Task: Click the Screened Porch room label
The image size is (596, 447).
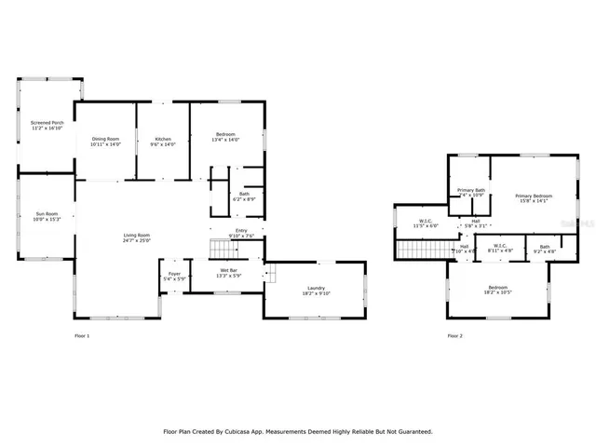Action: [x=47, y=122]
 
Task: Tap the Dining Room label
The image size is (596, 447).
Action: [x=105, y=139]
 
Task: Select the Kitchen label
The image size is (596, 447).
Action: [x=163, y=139]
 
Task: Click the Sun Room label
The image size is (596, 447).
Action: [x=47, y=214]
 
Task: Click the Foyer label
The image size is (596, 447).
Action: [x=174, y=274]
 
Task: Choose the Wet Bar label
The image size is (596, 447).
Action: [x=216, y=270]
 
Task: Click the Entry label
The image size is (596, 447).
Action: [x=241, y=230]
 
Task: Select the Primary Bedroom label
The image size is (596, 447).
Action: [x=534, y=195]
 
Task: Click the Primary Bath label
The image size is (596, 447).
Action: [x=471, y=190]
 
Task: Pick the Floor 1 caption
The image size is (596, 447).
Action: [x=82, y=335]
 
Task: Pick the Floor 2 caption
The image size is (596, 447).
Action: [x=455, y=335]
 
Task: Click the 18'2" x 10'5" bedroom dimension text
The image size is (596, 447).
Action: [x=498, y=292]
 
